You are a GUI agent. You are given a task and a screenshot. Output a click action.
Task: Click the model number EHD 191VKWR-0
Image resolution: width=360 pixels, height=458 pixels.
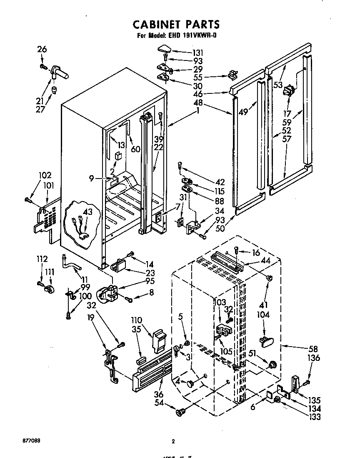click(192, 35)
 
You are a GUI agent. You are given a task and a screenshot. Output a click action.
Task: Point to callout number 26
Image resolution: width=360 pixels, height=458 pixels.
click(42, 49)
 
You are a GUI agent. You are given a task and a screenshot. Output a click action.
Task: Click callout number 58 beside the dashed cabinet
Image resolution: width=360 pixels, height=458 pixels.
click(313, 350)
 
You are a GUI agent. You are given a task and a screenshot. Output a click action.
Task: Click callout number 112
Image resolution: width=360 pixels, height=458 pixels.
click(42, 259)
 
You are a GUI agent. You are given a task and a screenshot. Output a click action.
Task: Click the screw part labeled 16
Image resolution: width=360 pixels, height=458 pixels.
click(236, 250)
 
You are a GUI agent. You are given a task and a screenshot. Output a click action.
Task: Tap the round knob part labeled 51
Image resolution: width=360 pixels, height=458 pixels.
click(272, 364)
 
